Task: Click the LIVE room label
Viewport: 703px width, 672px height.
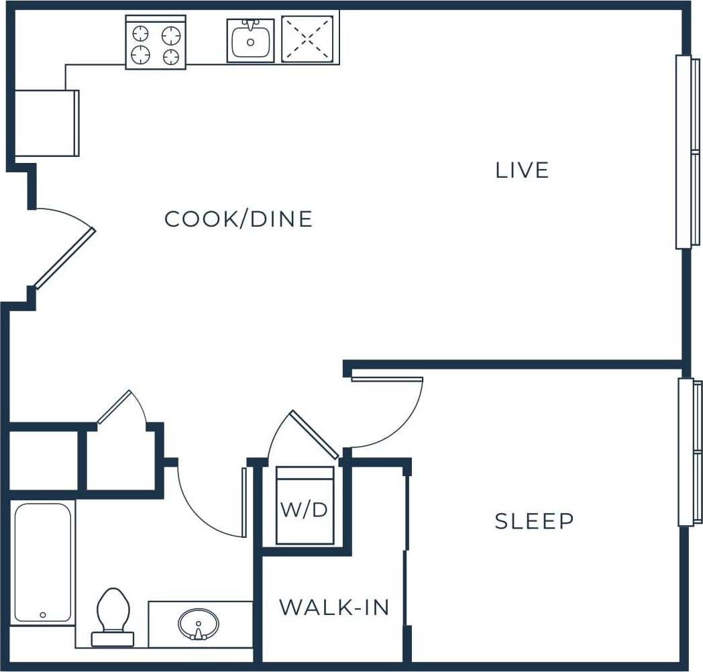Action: [522, 170]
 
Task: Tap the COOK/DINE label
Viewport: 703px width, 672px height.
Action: [239, 219]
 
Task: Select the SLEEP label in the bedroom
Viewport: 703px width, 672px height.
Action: [534, 521]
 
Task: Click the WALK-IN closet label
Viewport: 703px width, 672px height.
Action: [334, 608]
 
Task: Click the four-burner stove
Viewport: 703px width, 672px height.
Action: [156, 43]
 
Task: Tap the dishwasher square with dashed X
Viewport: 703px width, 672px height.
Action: [307, 39]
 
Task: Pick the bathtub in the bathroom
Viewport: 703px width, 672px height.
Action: [42, 562]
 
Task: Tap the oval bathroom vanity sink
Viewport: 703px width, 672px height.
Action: [199, 624]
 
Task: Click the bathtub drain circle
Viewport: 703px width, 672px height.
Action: [43, 614]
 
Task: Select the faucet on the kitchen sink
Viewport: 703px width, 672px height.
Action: [250, 25]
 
